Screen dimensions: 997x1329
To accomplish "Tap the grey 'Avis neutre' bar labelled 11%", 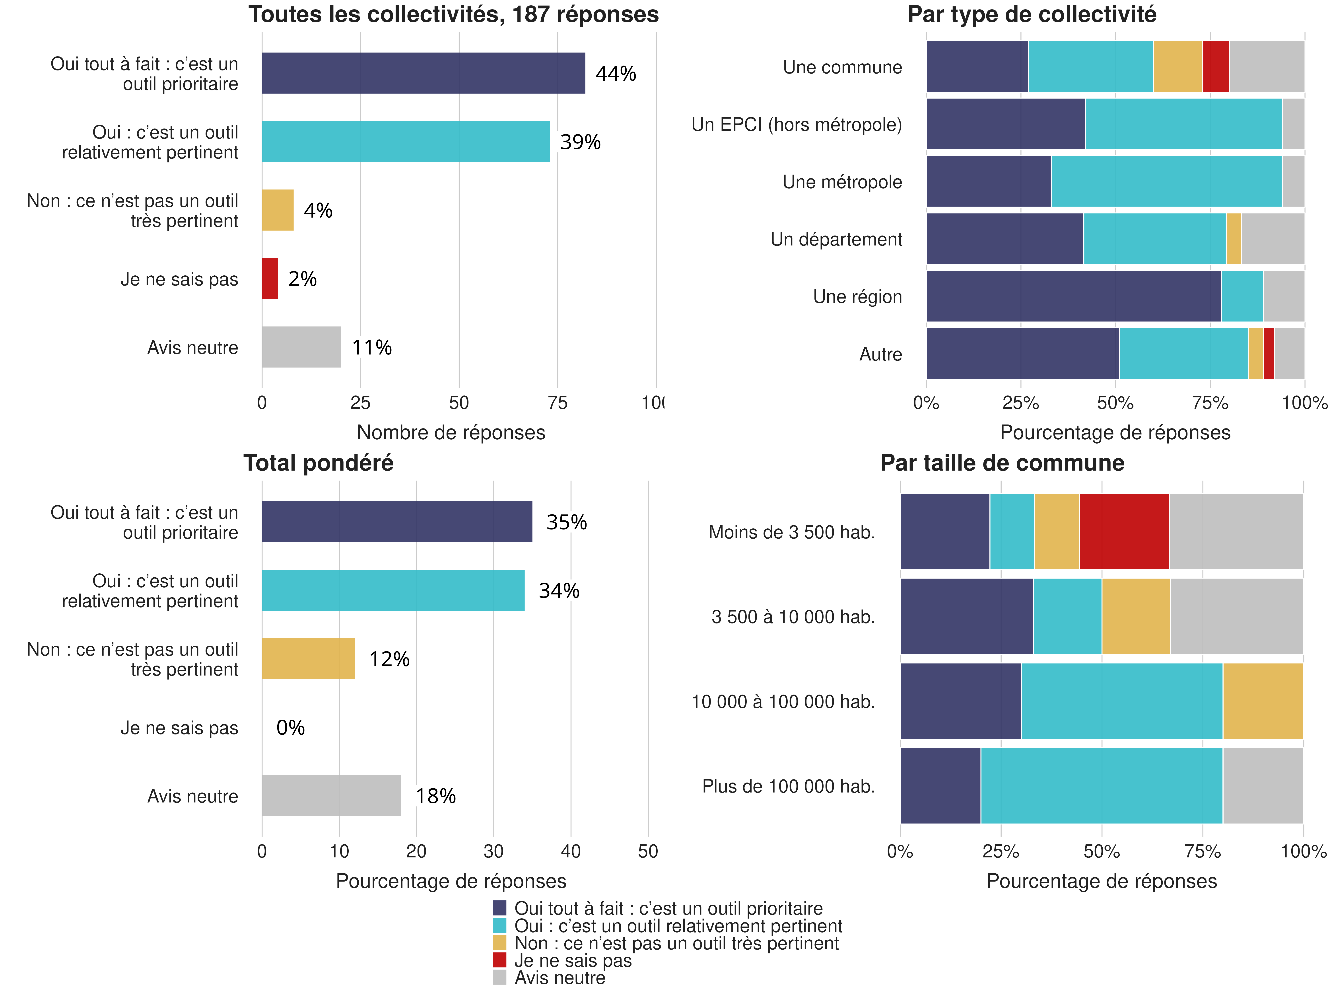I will (x=301, y=347).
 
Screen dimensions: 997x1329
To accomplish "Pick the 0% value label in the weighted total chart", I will (x=290, y=728).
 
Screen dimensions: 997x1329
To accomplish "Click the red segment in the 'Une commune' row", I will (x=1215, y=67).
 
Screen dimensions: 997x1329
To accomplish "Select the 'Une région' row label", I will (x=857, y=297).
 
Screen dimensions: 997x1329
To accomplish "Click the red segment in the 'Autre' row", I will (x=1269, y=354).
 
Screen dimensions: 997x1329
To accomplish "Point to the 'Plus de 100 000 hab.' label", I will (x=788, y=787).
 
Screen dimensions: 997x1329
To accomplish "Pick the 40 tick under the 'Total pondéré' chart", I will (x=571, y=852).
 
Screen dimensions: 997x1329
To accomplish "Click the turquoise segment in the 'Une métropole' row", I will (x=1166, y=181).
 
